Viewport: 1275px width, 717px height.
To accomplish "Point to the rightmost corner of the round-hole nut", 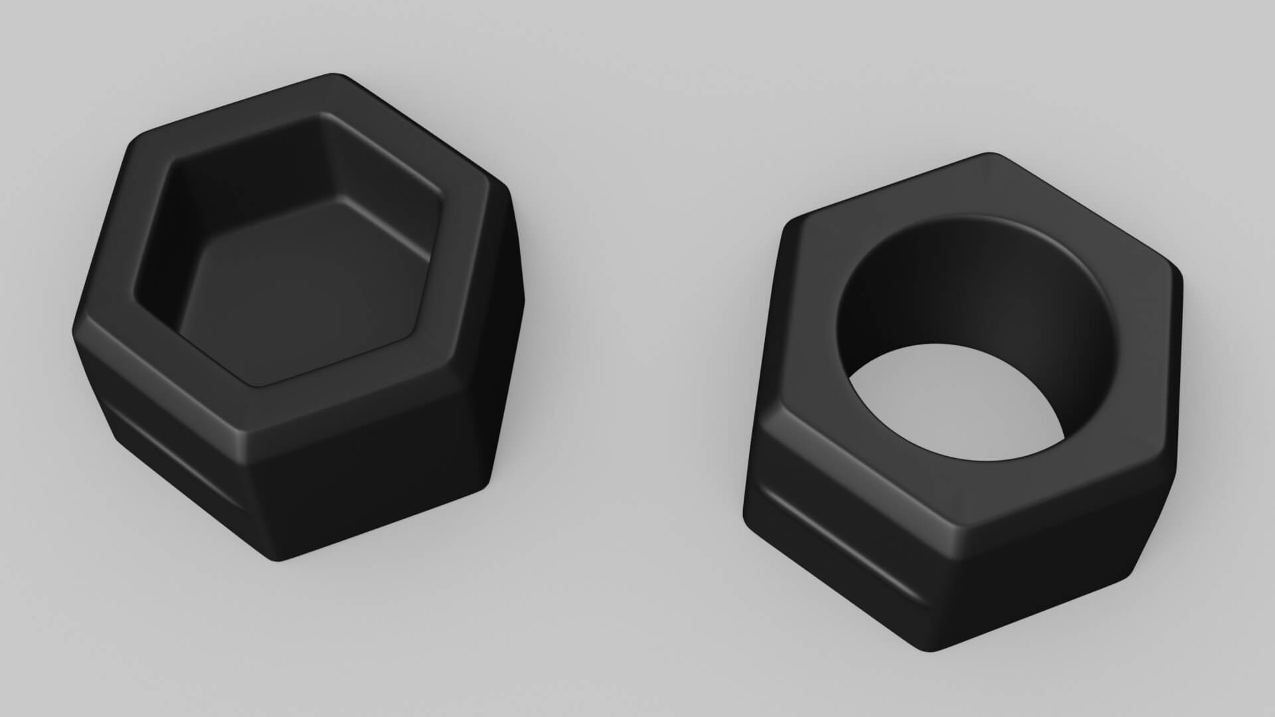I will click(x=1182, y=279).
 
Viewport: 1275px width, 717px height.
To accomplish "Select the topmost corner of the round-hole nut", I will click(x=989, y=156).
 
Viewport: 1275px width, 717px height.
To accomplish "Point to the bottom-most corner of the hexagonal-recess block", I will click(x=279, y=561).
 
